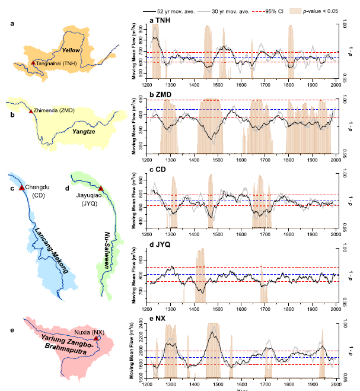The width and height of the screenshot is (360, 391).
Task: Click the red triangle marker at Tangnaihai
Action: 33,62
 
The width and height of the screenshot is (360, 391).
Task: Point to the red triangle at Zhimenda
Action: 31,111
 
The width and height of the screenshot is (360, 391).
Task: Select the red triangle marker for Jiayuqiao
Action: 101,188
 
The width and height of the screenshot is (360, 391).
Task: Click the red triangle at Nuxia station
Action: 96,338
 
